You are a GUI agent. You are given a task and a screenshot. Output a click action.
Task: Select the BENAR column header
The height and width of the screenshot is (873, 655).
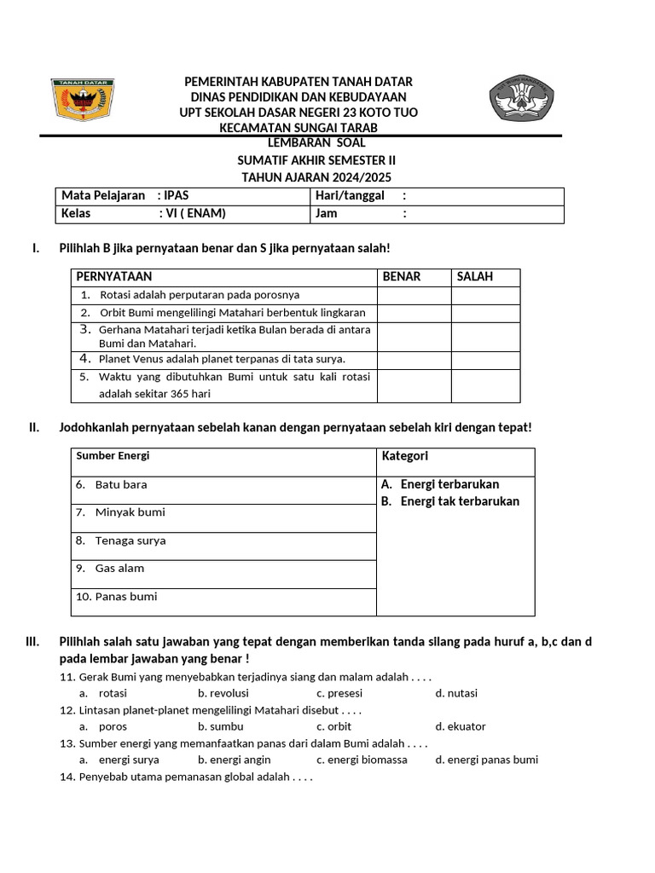(402, 277)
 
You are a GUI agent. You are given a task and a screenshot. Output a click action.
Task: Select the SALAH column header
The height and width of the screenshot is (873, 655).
(475, 277)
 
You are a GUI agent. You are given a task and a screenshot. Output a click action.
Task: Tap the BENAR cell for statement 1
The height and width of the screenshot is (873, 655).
(414, 295)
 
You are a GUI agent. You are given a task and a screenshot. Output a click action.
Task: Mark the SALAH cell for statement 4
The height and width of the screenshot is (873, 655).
(485, 360)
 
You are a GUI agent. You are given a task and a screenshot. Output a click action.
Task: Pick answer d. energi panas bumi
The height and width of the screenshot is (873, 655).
(486, 760)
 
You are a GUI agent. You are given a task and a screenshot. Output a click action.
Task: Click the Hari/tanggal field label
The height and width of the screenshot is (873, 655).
(350, 196)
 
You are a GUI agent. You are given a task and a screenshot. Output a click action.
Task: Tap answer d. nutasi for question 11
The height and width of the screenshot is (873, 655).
(456, 693)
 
